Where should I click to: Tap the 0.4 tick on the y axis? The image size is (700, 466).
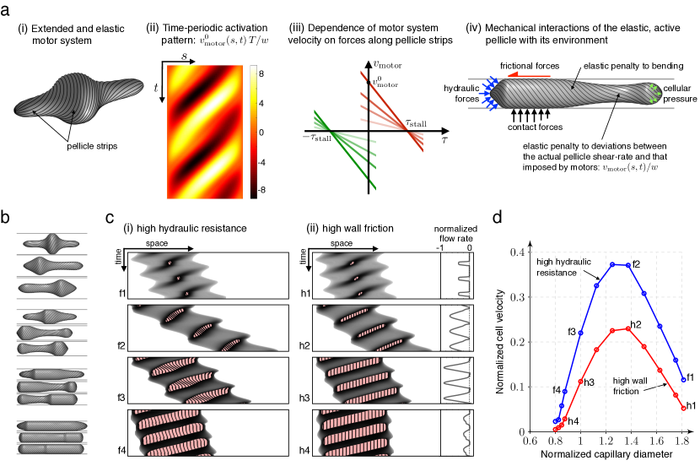point(520,252)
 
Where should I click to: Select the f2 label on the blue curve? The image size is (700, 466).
point(638,264)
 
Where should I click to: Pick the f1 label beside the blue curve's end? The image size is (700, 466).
point(690,377)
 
